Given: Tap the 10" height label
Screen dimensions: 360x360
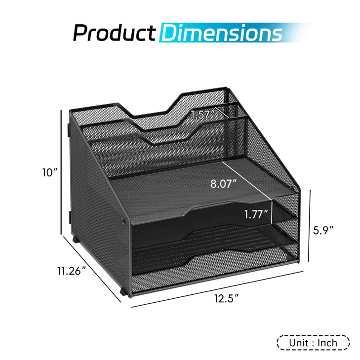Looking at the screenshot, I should (x=50, y=172).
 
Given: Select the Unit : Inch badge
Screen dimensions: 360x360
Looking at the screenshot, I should (x=313, y=342).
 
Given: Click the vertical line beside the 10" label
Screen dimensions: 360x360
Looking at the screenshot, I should (x=62, y=173).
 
